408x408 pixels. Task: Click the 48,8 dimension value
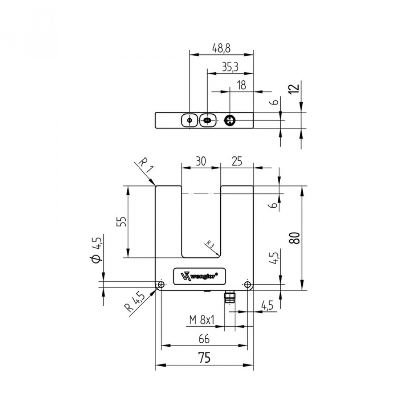[221, 49]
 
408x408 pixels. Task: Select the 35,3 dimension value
[230, 67]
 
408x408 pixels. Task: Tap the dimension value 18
[242, 85]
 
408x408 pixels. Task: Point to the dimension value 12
[294, 89]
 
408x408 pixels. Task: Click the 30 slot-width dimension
[201, 161]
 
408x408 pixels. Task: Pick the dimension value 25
[237, 161]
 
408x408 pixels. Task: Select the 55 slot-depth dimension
[121, 221]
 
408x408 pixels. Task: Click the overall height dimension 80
[295, 238]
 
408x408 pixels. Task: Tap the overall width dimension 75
[204, 357]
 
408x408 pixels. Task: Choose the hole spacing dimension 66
[204, 339]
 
